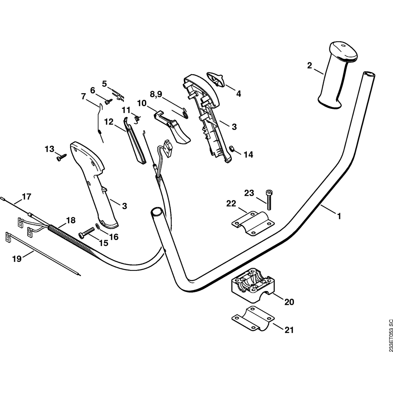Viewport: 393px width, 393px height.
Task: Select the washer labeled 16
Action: [97, 226]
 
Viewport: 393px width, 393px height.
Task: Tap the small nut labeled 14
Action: [232, 149]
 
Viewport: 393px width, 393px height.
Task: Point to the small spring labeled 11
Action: [136, 117]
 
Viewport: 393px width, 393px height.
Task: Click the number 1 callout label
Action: [338, 216]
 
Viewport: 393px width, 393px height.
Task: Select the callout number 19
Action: [17, 259]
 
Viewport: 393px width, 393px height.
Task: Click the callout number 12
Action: [108, 122]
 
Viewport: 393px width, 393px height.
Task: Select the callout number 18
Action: [70, 220]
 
